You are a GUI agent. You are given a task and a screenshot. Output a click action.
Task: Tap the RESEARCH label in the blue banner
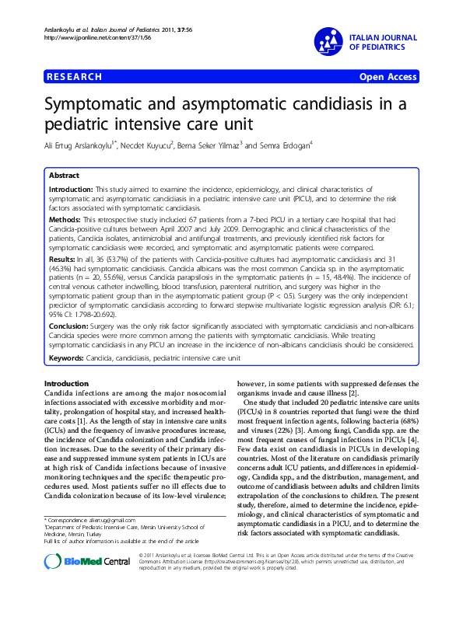tap(75, 78)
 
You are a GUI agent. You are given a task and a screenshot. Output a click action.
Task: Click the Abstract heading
tap(64, 176)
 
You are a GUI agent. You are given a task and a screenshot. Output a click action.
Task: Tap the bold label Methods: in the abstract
tap(65, 221)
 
